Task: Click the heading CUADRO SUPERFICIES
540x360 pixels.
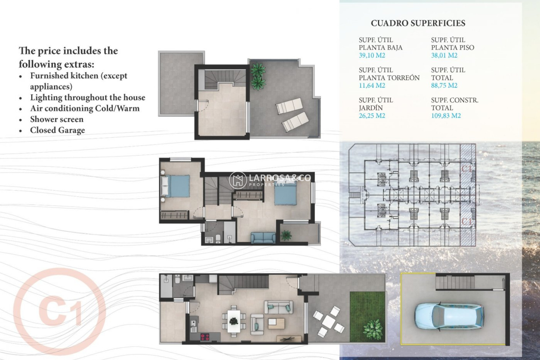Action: [418, 23]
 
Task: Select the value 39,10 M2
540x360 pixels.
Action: [372, 55]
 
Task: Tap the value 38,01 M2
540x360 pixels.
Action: [444, 55]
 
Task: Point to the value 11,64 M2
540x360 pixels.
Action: [372, 85]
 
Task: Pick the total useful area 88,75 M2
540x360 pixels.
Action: [444, 85]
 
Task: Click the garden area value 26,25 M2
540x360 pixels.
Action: [372, 116]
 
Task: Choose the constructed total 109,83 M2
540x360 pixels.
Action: [446, 116]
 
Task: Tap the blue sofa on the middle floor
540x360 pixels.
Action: [263, 238]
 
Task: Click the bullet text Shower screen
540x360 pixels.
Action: [57, 119]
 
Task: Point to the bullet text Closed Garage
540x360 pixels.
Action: [57, 130]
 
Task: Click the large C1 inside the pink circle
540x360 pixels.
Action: [59, 310]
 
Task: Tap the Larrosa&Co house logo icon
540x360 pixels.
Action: [238, 180]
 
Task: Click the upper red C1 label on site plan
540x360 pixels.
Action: [467, 169]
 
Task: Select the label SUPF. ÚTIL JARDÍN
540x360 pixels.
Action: [376, 104]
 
